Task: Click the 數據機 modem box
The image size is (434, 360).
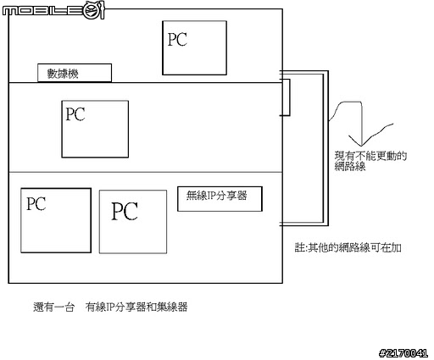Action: (75, 73)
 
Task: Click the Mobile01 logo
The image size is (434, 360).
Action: (53, 10)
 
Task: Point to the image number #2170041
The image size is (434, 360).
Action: (403, 353)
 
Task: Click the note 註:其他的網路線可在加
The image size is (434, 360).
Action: (348, 247)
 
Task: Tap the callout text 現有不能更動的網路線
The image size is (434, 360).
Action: (370, 161)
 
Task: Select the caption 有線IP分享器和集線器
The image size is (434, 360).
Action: (136, 307)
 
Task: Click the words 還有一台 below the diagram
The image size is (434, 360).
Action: (53, 307)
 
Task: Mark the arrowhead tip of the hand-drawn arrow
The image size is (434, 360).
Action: (361, 146)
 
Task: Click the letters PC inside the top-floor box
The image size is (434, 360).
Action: (177, 39)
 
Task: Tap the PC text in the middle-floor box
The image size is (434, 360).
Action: (75, 114)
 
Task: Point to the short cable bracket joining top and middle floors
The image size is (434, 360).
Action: (290, 97)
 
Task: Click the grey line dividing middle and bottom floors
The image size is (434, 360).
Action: (146, 172)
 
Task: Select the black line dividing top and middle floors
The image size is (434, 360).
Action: (146, 83)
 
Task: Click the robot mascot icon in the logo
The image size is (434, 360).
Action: (94, 10)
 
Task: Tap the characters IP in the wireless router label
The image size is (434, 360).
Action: (212, 195)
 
